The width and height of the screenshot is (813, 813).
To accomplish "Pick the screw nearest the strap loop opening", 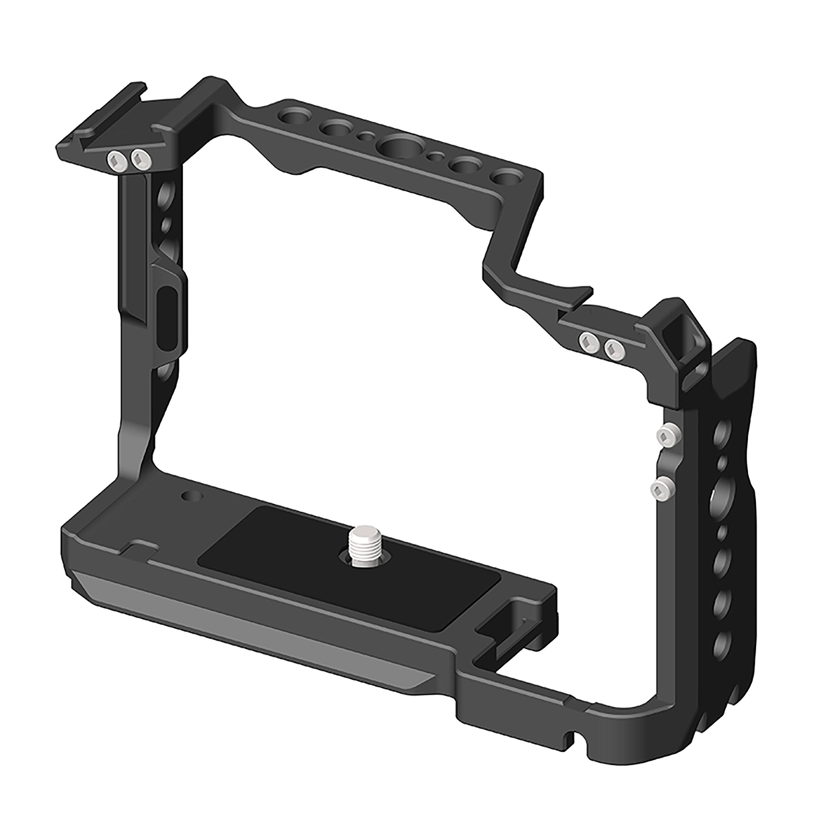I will coord(614,348).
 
